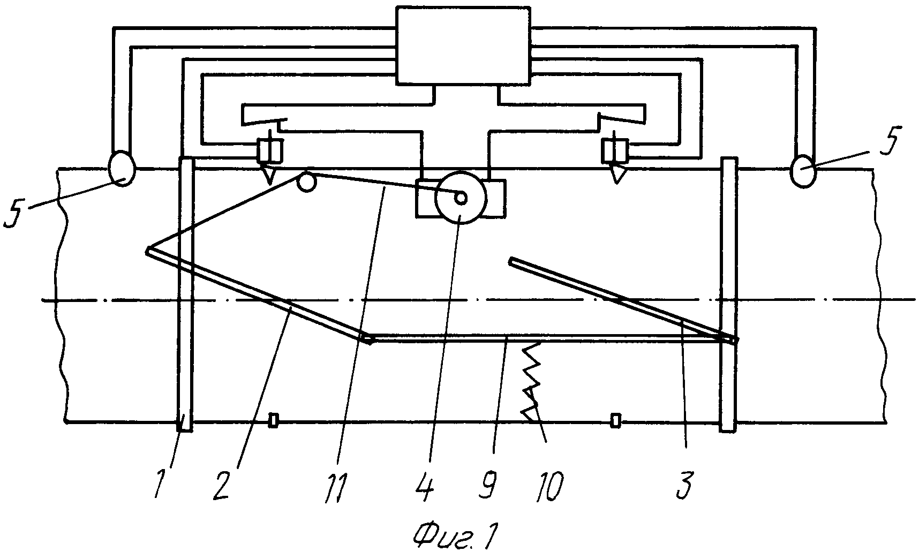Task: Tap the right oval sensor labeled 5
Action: point(804,171)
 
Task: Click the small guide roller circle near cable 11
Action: point(307,182)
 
